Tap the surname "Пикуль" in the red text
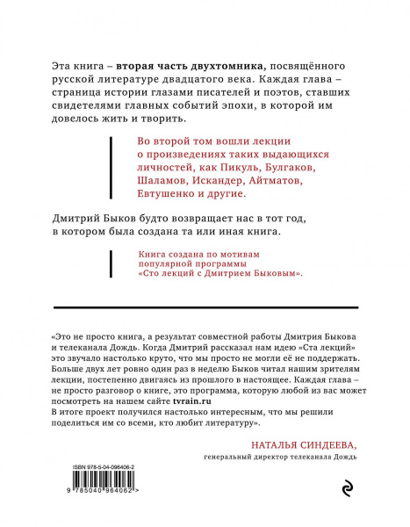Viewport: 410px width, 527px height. [x=245, y=166]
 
